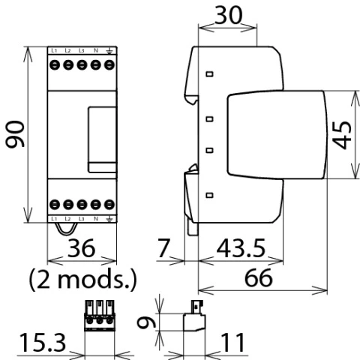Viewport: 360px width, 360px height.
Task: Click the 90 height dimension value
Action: (x=15, y=134)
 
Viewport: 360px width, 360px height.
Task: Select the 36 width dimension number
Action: (x=82, y=248)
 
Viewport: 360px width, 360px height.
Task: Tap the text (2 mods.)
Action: (x=83, y=279)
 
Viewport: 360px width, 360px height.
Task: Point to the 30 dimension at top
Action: (x=229, y=15)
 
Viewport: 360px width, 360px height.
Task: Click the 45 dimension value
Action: (x=342, y=135)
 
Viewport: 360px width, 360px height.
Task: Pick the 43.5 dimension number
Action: (x=241, y=248)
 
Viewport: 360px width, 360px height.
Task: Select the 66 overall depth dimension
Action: (x=259, y=277)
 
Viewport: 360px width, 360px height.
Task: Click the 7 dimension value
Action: (x=164, y=248)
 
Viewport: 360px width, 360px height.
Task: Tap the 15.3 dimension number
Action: (x=43, y=343)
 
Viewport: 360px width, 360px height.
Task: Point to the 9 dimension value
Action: (x=147, y=322)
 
